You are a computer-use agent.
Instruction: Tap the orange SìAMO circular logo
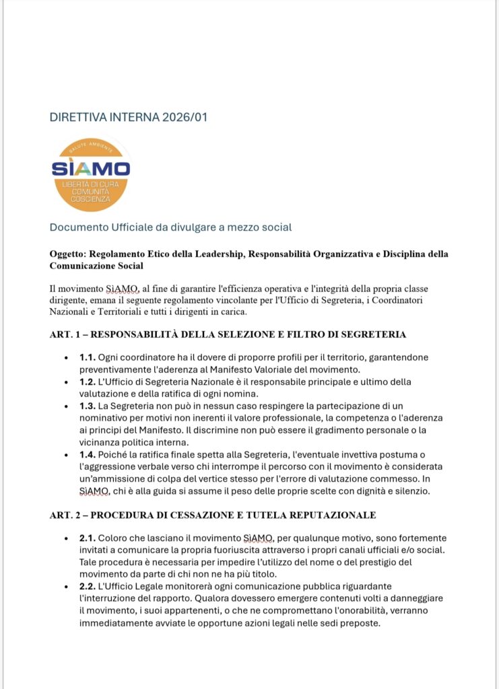point(91,174)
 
